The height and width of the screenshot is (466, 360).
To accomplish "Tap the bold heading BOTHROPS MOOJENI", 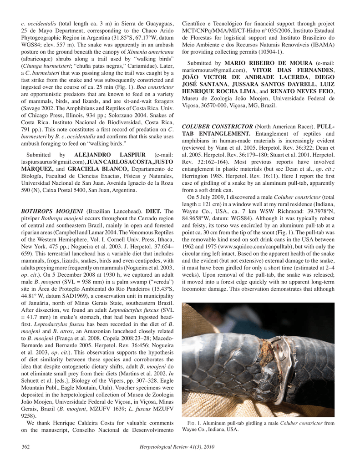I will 52,212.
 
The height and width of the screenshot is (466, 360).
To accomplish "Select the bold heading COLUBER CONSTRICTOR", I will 217,125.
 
